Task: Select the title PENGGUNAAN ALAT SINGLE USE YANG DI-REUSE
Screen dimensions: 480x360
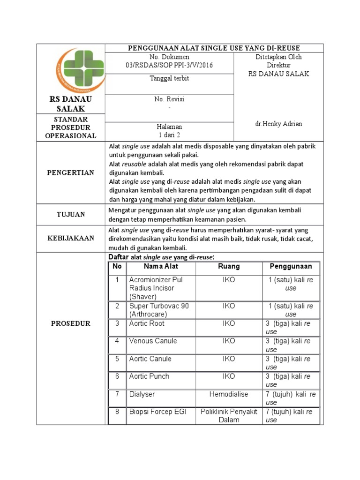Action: point(214,48)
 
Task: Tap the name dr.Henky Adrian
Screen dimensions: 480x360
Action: point(278,124)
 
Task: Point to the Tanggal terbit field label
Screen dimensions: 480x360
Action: point(169,78)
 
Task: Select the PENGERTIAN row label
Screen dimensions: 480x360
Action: point(71,172)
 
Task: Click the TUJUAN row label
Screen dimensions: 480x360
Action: point(71,214)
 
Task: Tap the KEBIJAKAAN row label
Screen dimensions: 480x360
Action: point(71,238)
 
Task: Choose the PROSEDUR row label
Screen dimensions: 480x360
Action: point(71,323)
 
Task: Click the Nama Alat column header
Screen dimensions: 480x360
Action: point(161,266)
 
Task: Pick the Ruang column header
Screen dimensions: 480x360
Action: point(229,266)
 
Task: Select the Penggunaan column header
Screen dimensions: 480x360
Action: point(291,266)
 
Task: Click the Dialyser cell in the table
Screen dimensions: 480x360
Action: point(142,394)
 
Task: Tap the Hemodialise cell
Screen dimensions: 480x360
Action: point(229,394)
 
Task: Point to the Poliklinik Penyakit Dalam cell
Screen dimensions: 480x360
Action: point(229,416)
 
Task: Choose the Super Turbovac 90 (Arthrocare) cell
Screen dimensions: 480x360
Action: point(159,310)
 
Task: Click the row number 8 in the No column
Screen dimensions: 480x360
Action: point(117,412)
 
